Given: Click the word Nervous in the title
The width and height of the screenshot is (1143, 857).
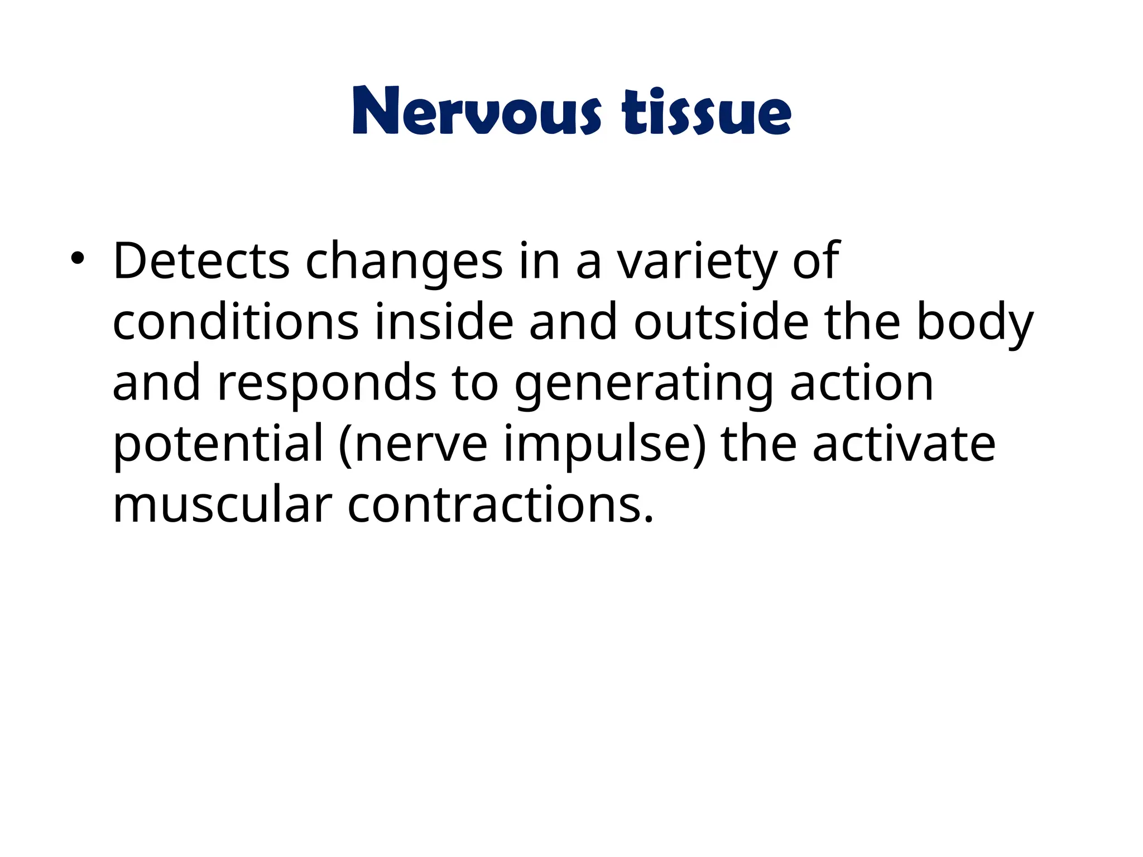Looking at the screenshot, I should coord(477,112).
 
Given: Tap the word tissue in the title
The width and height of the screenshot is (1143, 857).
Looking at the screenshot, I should coord(706,112).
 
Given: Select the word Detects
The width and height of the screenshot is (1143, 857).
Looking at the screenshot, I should coord(201,261).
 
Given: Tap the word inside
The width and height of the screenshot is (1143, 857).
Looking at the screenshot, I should coord(444,322).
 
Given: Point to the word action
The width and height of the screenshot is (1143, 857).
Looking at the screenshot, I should coord(862,383).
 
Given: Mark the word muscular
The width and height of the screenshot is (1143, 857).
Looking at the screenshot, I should coord(223,505).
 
